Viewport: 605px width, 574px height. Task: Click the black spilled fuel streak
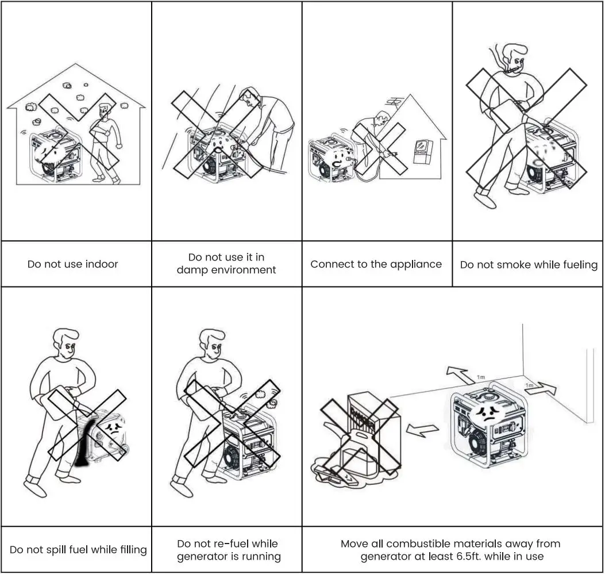(x=82, y=443)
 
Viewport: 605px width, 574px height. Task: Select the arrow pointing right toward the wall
(x=540, y=388)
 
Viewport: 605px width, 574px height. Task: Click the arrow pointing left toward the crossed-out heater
(x=422, y=427)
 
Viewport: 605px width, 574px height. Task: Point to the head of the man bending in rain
(x=250, y=97)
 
